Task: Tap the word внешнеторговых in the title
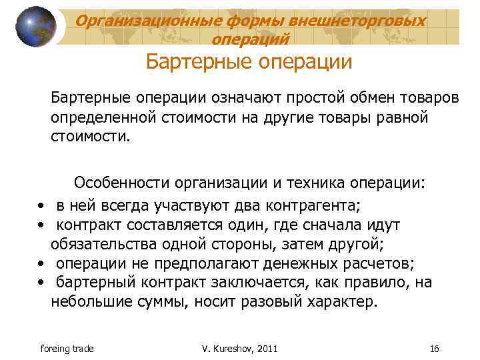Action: (x=365, y=21)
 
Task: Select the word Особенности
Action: (x=121, y=183)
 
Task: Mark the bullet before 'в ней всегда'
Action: (x=41, y=204)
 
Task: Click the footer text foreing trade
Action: (x=67, y=349)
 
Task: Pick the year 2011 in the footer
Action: (x=265, y=349)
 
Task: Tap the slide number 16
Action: (x=435, y=349)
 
